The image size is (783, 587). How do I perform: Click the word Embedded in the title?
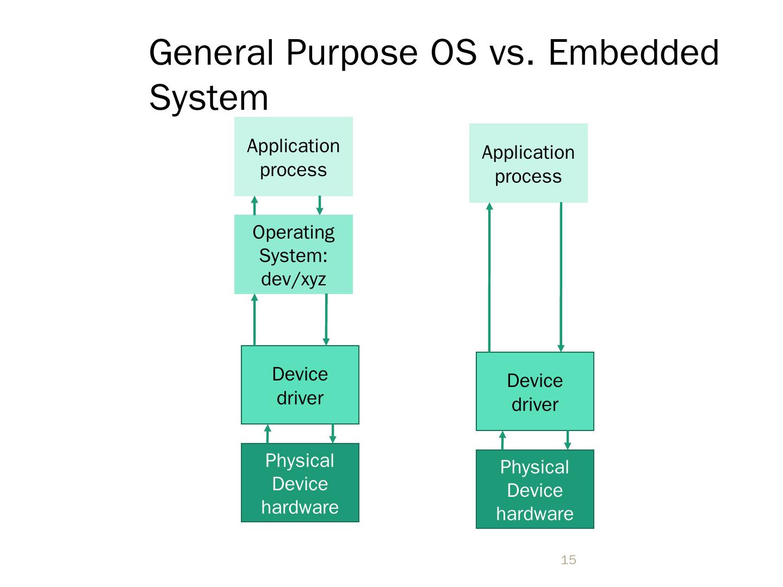coord(633,53)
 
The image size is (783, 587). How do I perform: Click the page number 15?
coord(568,560)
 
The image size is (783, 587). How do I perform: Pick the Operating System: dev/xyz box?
coord(293,254)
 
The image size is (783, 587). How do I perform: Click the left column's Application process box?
coord(293,157)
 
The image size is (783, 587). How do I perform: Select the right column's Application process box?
coord(528,163)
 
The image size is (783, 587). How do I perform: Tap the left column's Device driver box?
coord(300,385)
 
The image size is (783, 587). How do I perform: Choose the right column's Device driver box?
coord(535,391)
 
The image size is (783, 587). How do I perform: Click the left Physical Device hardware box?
coord(300,483)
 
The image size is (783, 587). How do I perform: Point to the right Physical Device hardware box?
coord(535,489)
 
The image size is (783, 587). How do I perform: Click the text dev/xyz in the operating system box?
coord(293,279)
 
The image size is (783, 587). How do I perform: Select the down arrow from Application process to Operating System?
coord(320,205)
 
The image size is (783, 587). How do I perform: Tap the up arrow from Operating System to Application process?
coord(254,205)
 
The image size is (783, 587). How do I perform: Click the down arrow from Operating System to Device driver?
coord(326,320)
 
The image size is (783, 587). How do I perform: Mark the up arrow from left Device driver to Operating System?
coord(254,320)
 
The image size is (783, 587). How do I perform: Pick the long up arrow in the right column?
coord(489,277)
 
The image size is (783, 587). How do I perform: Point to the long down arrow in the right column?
coord(561,277)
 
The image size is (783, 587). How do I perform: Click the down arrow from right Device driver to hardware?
coord(568,440)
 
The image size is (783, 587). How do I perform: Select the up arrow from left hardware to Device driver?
coord(268,434)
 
